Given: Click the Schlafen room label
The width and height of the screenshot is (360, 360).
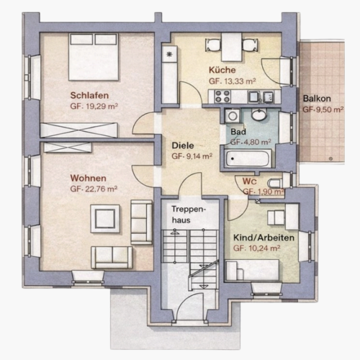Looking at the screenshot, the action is point(89,95).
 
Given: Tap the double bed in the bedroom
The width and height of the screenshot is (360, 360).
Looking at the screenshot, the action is point(94,57).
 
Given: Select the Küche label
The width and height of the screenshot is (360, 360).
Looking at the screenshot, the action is point(222,70).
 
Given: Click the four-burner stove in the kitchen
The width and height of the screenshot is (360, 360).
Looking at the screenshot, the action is point(222,96).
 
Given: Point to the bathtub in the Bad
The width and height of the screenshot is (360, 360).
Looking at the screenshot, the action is point(248,158).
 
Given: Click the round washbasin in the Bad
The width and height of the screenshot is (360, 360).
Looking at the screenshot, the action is point(259,114).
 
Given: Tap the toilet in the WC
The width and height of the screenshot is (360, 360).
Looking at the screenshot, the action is point(275,183).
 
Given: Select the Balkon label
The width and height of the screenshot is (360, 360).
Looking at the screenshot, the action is point(317,99).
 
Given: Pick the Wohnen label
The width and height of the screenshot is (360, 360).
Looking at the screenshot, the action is point(88,178).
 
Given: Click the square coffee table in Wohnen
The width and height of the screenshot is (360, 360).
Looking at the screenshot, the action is point(105,219).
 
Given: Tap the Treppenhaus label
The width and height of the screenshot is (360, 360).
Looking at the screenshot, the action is point(189,215).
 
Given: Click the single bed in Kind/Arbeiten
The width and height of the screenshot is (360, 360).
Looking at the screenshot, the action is point(253,269).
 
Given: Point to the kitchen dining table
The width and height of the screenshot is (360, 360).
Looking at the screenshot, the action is point(232,47).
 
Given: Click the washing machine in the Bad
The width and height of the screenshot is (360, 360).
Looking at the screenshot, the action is point(233,116).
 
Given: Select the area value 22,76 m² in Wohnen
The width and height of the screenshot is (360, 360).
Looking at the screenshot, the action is point(94,189).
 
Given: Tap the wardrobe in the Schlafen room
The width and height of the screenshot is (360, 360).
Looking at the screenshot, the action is point(78,130).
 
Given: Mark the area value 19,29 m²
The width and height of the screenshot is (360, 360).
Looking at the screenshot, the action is point(94,106).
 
